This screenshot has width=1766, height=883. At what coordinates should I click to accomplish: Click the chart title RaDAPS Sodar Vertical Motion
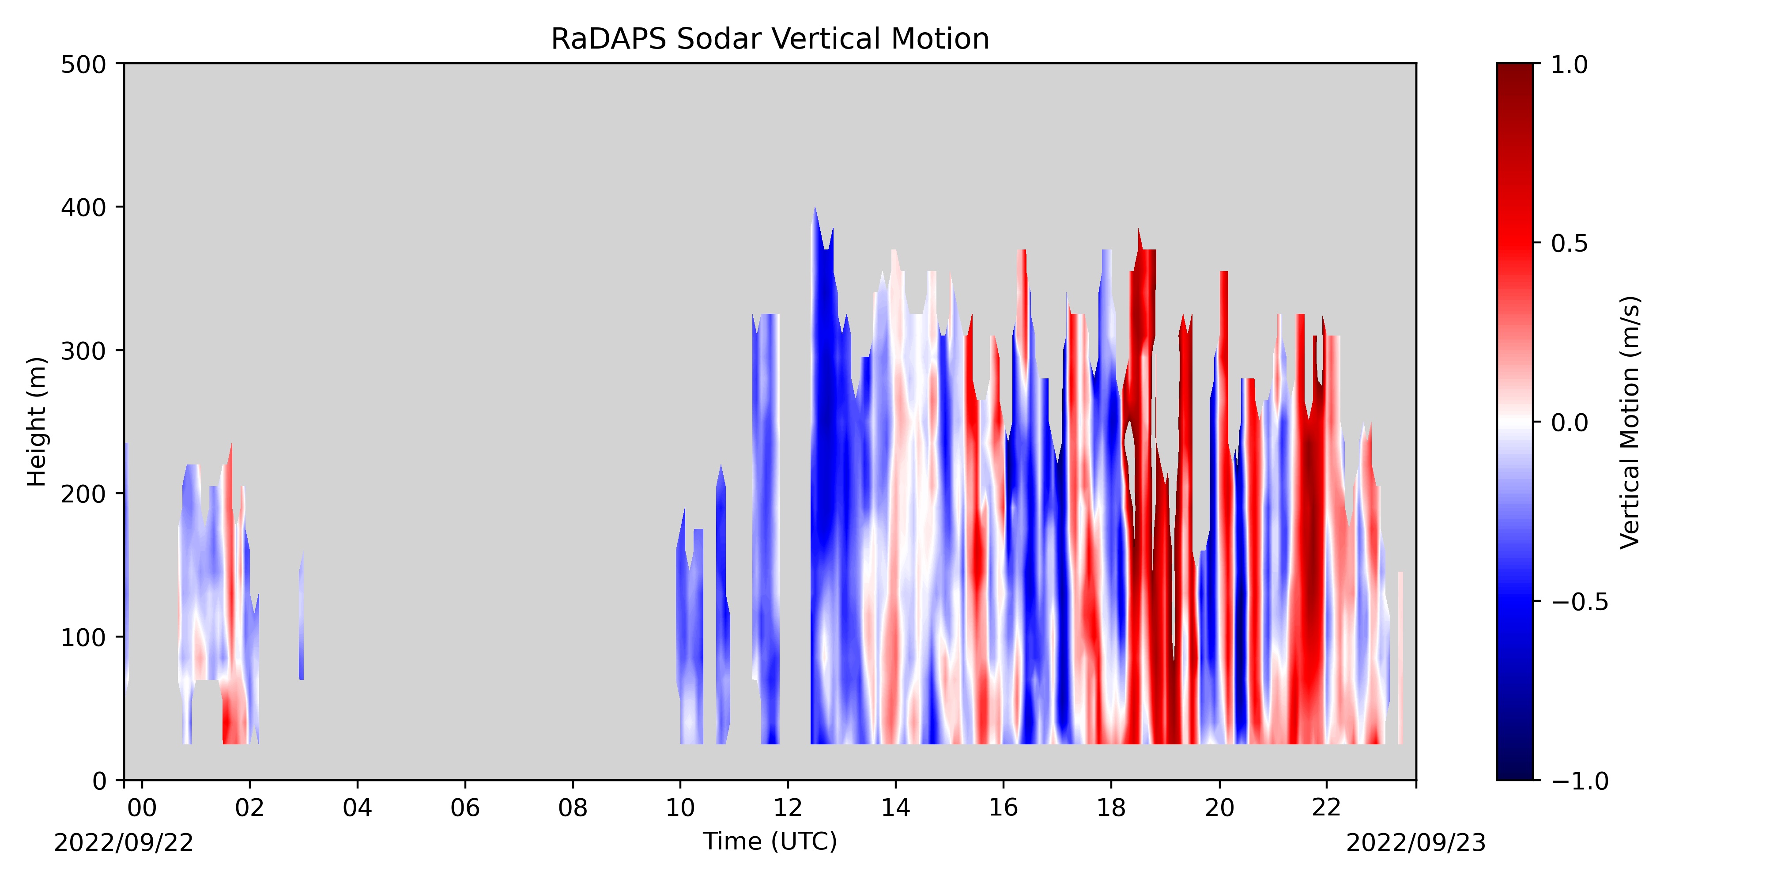point(770,39)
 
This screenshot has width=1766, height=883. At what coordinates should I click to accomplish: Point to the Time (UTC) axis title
point(770,841)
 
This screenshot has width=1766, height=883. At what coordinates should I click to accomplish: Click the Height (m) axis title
point(37,422)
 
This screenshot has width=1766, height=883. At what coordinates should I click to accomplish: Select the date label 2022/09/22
point(124,842)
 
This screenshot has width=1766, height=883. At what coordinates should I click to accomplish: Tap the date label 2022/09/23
point(1416,842)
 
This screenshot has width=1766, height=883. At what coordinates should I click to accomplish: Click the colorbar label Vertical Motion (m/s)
point(1631,422)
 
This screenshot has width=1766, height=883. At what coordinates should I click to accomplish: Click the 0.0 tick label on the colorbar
point(1570,423)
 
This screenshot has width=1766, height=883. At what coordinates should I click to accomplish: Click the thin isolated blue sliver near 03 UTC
point(301,617)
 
